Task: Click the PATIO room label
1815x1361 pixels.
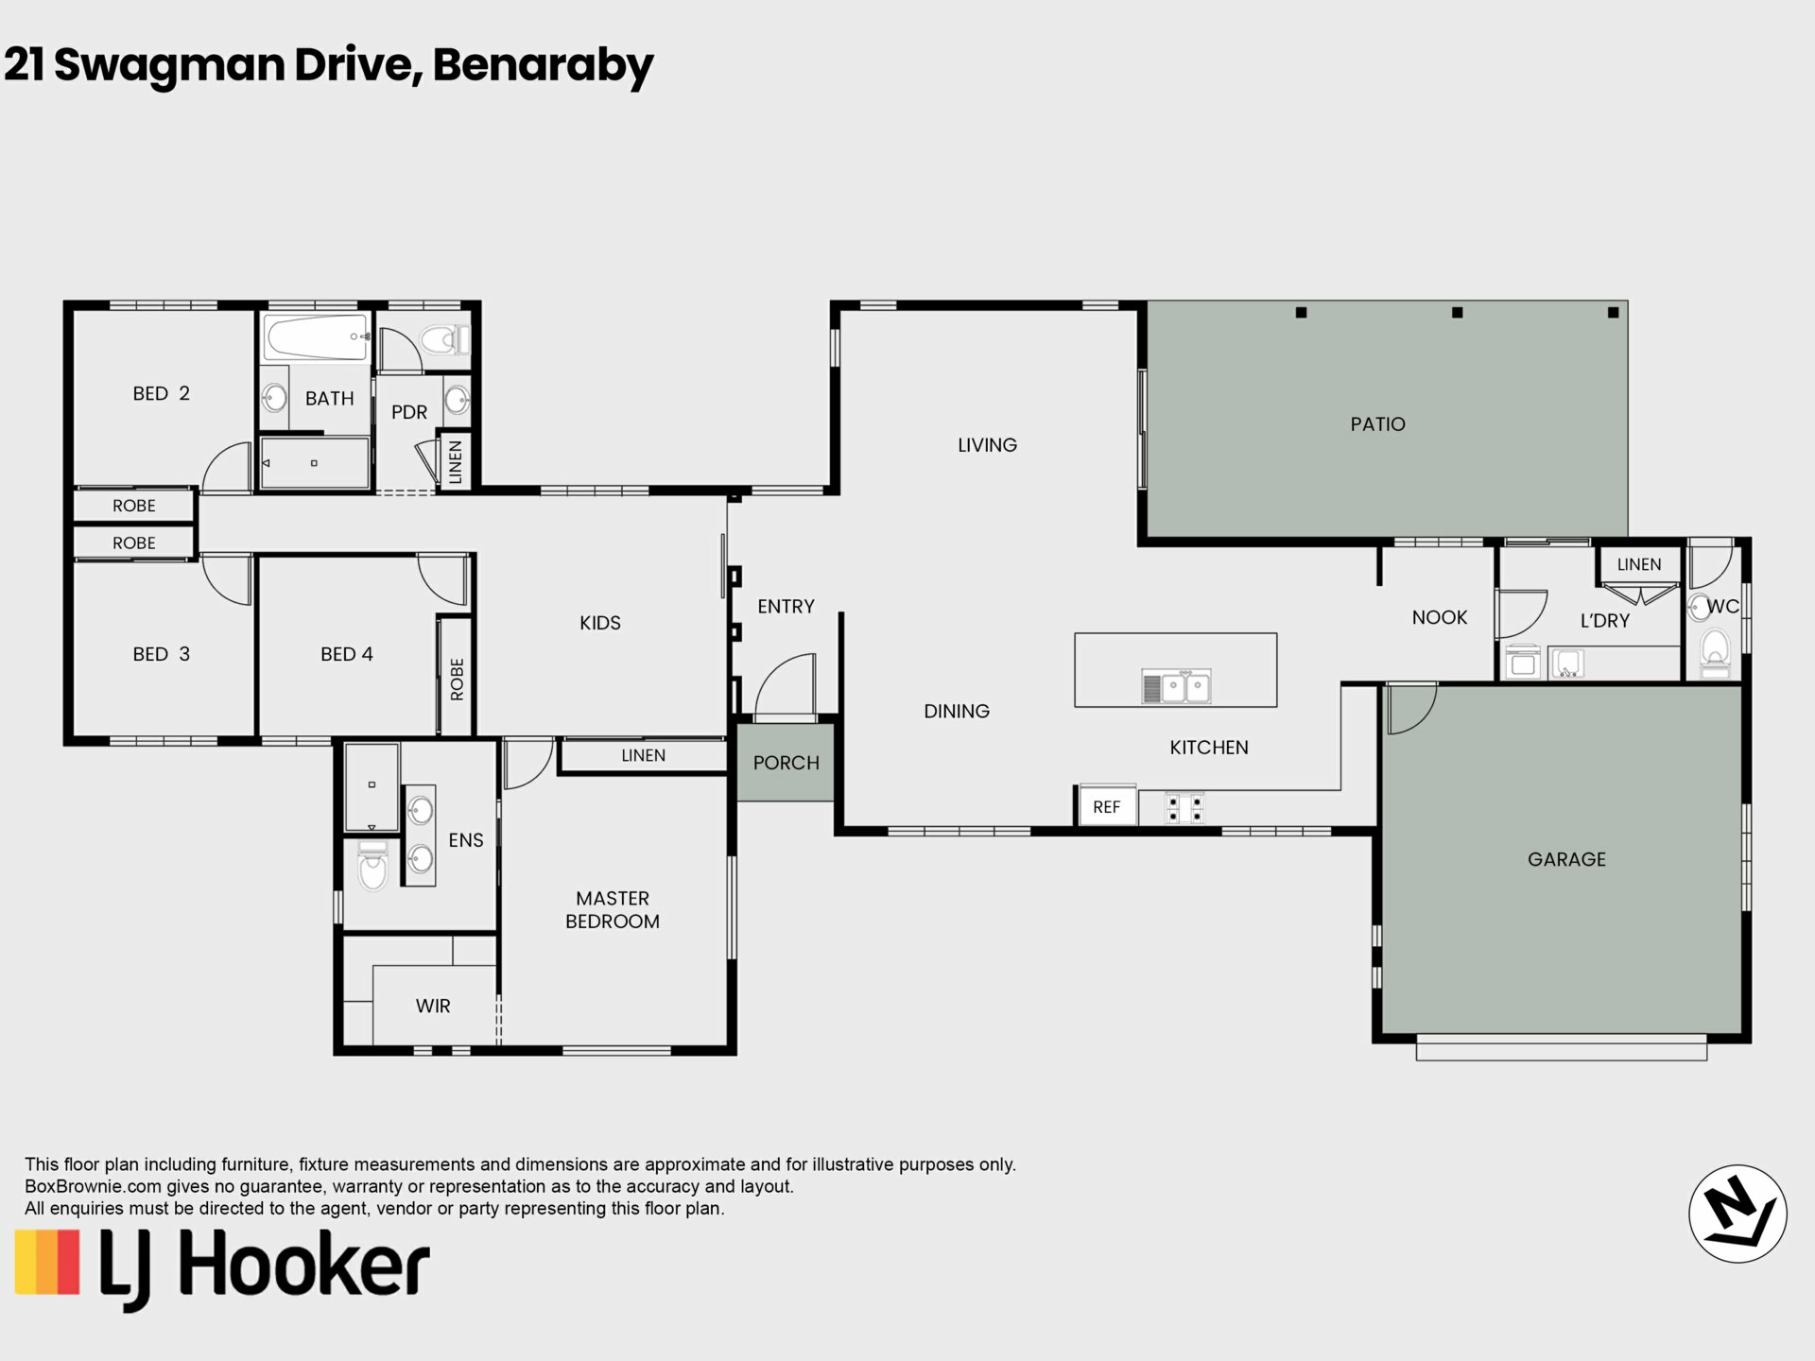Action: pyautogui.click(x=1377, y=424)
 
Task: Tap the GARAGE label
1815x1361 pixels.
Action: pyautogui.click(x=1566, y=859)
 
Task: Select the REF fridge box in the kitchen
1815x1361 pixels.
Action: pyautogui.click(x=1107, y=806)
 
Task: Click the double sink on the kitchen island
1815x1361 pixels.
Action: pyautogui.click(x=1176, y=687)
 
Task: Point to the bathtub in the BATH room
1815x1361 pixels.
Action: pyautogui.click(x=316, y=337)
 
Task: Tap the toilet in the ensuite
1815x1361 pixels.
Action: pyautogui.click(x=373, y=865)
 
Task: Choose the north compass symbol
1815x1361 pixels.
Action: pyautogui.click(x=1737, y=1214)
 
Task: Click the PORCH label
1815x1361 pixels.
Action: pyautogui.click(x=786, y=763)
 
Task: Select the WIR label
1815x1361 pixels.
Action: pyautogui.click(x=433, y=1006)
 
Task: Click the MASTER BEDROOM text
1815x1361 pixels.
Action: pyautogui.click(x=613, y=909)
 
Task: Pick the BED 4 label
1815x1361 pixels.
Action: pyautogui.click(x=347, y=654)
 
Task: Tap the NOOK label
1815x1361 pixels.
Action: pyautogui.click(x=1440, y=617)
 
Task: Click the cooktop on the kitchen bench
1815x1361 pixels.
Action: pyautogui.click(x=1184, y=807)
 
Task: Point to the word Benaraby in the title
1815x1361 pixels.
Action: pyautogui.click(x=543, y=65)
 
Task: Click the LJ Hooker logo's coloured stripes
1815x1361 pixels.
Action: pyautogui.click(x=47, y=1262)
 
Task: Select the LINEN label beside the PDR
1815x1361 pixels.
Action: pyautogui.click(x=456, y=462)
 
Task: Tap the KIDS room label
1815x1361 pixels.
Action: pyautogui.click(x=600, y=623)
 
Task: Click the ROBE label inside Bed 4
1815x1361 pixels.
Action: pyautogui.click(x=458, y=679)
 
